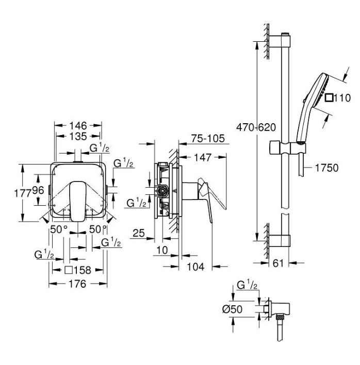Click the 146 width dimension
[78, 126]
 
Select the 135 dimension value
[78, 136]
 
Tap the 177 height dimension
[23, 193]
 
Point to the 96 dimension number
[38, 190]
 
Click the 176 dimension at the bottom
[77, 284]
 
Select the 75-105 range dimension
[208, 139]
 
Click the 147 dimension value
[203, 157]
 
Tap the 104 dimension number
[195, 267]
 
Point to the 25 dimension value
[139, 233]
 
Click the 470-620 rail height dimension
[256, 127]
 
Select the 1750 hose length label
[326, 168]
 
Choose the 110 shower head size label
[342, 98]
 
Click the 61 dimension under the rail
[278, 263]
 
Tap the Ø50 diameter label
[232, 309]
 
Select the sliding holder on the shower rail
[287, 147]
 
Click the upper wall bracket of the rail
[280, 41]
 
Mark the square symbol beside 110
[329, 97]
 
